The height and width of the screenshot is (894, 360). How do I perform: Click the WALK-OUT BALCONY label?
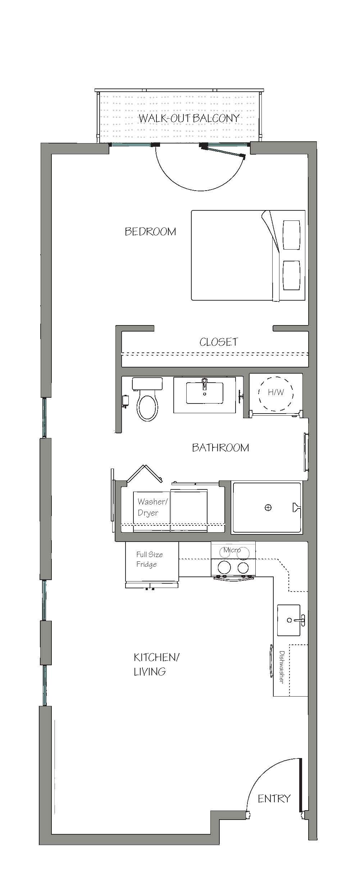tap(189, 118)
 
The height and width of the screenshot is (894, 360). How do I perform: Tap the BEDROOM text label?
tap(150, 231)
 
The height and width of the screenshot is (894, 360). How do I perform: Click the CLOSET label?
tap(219, 342)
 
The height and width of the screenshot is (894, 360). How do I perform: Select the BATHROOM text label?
tap(220, 447)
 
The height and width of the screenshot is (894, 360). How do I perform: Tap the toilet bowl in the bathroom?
tap(147, 408)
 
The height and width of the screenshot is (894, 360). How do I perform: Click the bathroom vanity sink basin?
tap(204, 393)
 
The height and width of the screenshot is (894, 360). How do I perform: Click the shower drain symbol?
tap(268, 507)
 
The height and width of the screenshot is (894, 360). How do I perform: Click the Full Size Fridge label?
tap(149, 559)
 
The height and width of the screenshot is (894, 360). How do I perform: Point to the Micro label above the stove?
tap(232, 550)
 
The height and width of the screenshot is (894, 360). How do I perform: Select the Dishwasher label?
tap(282, 667)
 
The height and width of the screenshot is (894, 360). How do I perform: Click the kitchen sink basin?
tap(288, 620)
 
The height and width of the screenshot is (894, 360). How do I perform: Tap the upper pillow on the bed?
tap(292, 235)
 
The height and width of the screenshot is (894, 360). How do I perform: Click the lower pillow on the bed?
tap(292, 275)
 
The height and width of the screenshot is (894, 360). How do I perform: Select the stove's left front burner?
tap(225, 567)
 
